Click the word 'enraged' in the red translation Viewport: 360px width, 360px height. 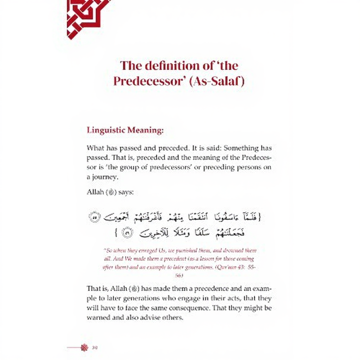[149, 250]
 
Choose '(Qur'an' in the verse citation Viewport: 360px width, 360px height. [229, 267]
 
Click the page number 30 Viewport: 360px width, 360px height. [94, 347]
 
